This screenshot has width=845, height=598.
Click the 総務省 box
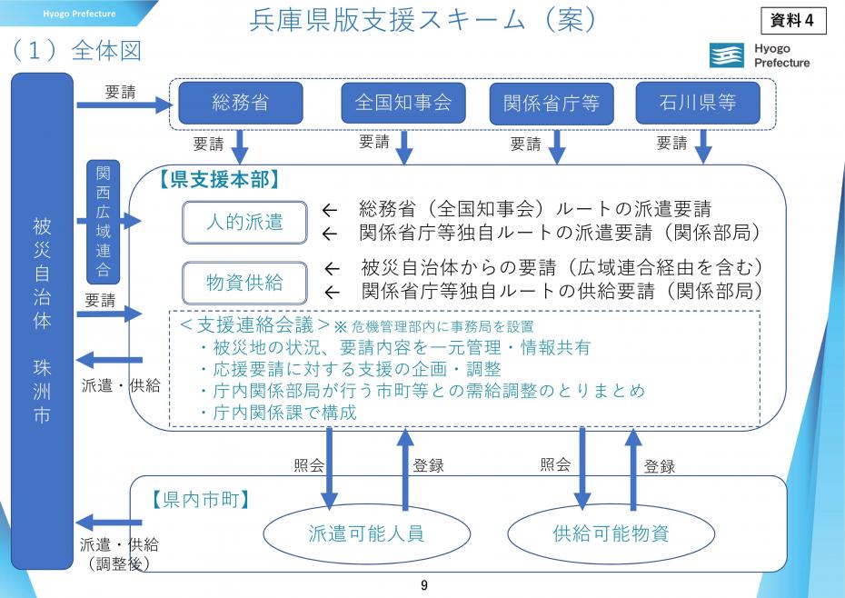240,103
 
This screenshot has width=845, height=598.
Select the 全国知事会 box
403,103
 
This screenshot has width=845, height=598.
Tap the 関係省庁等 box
551,104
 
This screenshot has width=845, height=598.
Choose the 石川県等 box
698,103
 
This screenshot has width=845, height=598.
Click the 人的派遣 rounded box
244,222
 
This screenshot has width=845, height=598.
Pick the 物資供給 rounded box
244,283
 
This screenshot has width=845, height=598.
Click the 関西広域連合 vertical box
103,222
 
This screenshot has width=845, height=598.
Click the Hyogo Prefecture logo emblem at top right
727,55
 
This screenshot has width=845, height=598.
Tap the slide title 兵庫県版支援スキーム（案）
423,21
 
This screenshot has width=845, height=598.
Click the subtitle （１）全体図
77,51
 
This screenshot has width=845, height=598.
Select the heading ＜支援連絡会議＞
253,324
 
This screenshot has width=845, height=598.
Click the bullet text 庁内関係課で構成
278,412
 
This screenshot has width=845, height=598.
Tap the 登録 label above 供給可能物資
660,466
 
